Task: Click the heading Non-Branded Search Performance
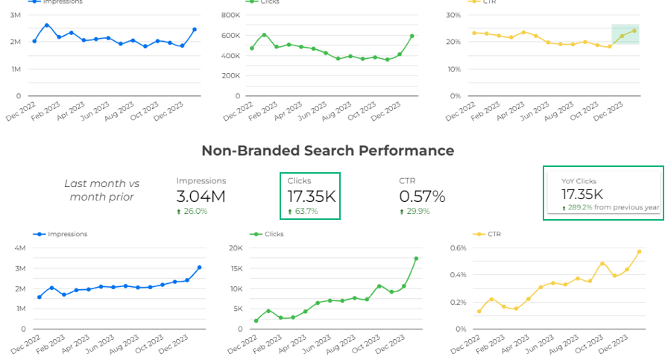point(327,151)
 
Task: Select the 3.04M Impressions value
point(201,197)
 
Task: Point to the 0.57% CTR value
point(422,197)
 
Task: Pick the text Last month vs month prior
point(101,190)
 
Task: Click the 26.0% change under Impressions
point(192,212)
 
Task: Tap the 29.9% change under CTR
point(415,212)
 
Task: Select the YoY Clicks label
point(579,181)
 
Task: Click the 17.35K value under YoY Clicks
point(582,194)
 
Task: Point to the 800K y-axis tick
point(230,15)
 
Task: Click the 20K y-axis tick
point(236,248)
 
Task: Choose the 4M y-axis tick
point(20,248)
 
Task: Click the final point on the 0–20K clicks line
point(416,259)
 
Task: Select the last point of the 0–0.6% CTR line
point(639,252)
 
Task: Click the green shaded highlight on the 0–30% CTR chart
point(625,34)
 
